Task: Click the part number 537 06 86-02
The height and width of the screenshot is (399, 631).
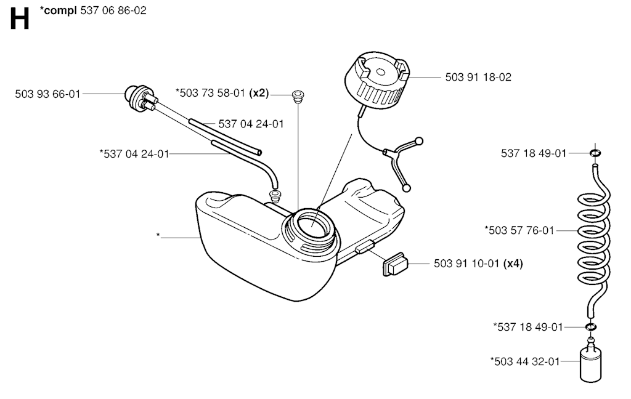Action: tap(113, 10)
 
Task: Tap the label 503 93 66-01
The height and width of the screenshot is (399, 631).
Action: tap(47, 94)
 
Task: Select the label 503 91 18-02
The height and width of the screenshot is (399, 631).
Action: tap(478, 78)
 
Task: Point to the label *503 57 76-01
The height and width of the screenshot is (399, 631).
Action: tap(519, 231)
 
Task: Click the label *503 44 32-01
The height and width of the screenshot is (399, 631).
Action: tap(524, 361)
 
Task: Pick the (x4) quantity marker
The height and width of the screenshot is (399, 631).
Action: tap(513, 264)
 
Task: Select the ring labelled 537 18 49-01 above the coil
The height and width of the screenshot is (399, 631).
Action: tap(595, 153)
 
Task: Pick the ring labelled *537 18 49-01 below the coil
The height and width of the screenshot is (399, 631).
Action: tap(591, 327)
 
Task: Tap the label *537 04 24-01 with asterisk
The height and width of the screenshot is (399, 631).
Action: tap(134, 153)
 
